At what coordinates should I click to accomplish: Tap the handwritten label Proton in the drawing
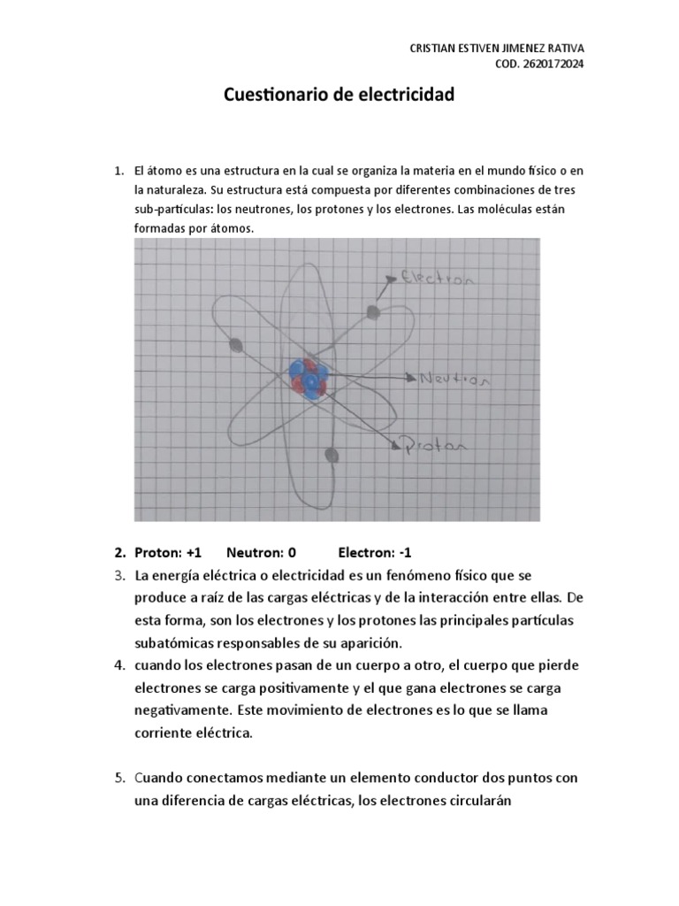(434, 447)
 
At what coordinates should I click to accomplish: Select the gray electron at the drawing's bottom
(332, 456)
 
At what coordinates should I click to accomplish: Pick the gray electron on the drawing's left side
(236, 346)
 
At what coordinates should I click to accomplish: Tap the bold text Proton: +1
(168, 553)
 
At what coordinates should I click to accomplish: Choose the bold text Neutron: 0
(261, 553)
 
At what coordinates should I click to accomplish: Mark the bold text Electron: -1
(381, 553)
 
